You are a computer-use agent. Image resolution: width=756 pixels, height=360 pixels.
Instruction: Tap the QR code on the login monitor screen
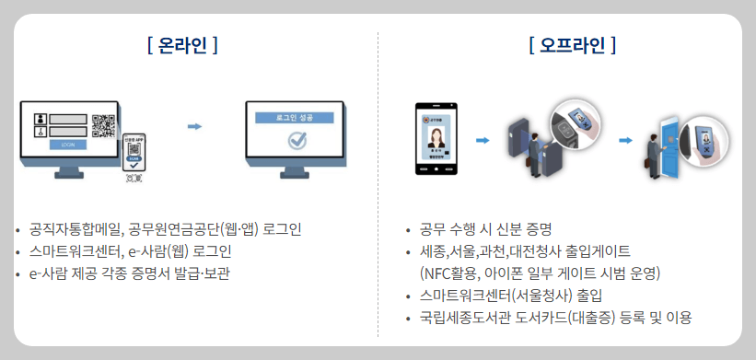coord(103,124)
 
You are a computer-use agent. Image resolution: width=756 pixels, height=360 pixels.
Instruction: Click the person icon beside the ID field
coord(39,119)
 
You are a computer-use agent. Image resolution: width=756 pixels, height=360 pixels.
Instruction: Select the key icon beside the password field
coord(39,132)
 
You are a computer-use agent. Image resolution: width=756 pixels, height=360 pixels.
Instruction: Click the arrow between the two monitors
coord(194,126)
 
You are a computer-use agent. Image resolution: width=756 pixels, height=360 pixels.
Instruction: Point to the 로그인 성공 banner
coord(294,118)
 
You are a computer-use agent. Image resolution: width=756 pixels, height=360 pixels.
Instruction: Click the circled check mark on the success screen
coord(297,141)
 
